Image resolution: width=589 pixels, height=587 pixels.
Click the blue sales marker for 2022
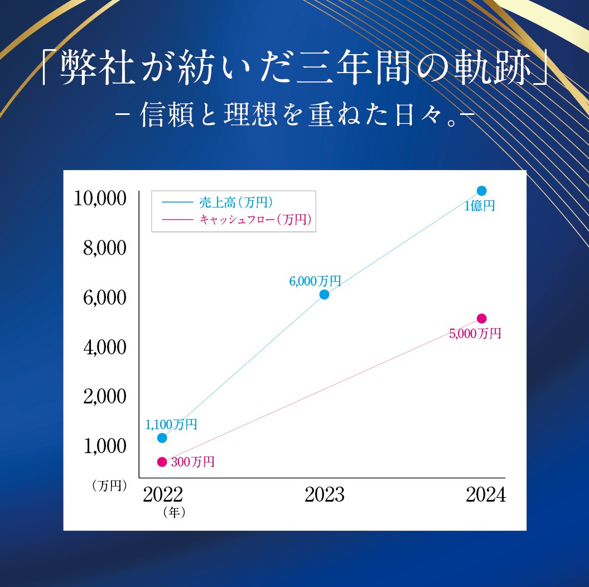coord(162,438)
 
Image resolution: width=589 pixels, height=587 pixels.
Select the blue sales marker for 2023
coord(324,295)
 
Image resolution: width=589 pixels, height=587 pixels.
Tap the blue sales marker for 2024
coord(482,191)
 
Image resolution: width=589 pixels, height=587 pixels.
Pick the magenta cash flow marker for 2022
coord(162,461)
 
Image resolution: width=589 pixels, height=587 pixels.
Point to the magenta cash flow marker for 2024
coord(482,319)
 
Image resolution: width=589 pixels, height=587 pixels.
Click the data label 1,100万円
coord(171,425)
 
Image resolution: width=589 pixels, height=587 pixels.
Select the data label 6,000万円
coord(315,281)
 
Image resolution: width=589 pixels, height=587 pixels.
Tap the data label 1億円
coord(480,206)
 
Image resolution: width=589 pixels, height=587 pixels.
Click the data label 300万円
coord(192,462)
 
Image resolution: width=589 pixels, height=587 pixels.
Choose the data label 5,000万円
coord(475,334)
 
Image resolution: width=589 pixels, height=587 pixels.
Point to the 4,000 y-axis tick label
coord(105,347)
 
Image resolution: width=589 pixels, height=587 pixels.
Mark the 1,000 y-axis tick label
coord(105,446)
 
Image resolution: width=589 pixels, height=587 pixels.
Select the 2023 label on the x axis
coord(325,495)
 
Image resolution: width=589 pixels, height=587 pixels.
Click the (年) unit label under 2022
coord(174,512)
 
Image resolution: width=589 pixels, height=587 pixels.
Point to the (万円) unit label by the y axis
coord(110,485)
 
